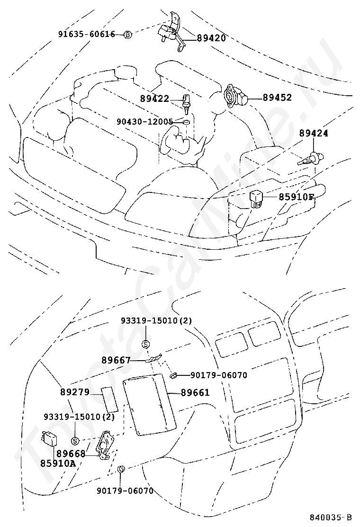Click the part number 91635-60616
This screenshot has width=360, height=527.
[x=86, y=34]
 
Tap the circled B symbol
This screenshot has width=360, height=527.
[x=127, y=35]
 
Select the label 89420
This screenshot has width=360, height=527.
[x=211, y=38]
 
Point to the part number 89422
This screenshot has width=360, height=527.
[x=154, y=99]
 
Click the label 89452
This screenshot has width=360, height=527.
[x=277, y=98]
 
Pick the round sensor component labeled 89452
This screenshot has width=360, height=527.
[x=235, y=96]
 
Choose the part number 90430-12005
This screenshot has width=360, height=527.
[x=145, y=121]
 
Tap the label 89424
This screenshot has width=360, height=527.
[x=314, y=133]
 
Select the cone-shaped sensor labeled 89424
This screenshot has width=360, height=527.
[x=310, y=158]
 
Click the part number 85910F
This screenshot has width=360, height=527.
[x=296, y=197]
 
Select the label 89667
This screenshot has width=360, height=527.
[x=116, y=360]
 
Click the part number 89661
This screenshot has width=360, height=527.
[x=195, y=392]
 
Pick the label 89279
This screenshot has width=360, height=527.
[x=75, y=392]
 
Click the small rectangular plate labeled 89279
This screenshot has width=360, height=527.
[x=109, y=399]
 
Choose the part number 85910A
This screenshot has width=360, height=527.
[x=58, y=463]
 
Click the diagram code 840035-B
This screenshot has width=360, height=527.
[x=331, y=517]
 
